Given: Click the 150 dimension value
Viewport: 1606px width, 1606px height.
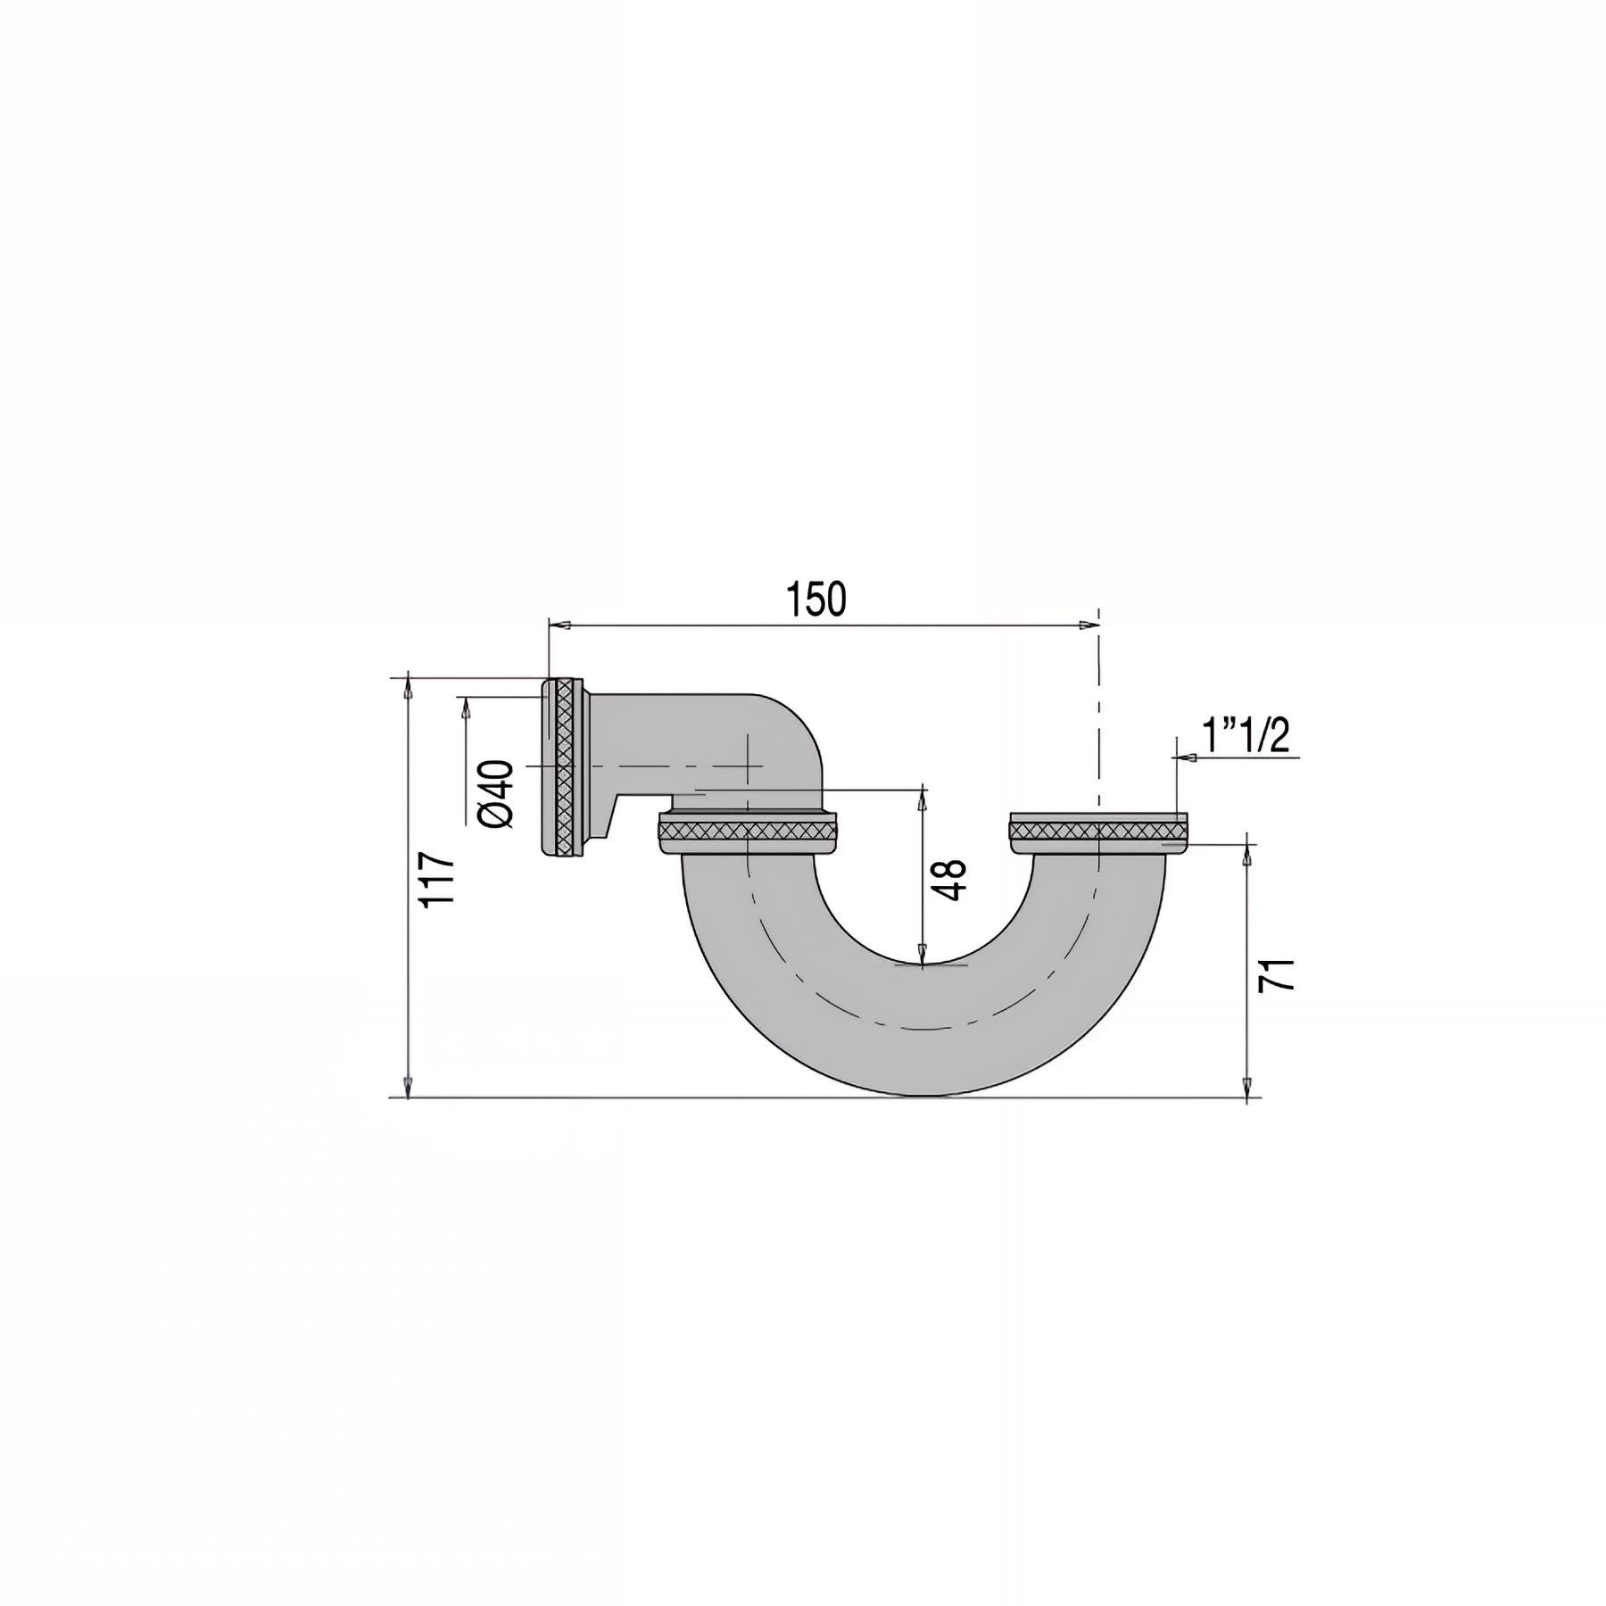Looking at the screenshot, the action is (x=816, y=600).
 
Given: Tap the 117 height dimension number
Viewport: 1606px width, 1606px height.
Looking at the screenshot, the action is (x=439, y=880).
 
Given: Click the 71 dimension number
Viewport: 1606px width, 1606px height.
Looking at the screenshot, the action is (x=1276, y=975).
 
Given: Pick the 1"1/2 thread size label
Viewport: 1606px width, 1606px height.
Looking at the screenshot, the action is (x=1246, y=737).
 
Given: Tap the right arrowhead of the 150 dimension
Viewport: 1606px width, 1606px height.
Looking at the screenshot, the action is (x=1089, y=626).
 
